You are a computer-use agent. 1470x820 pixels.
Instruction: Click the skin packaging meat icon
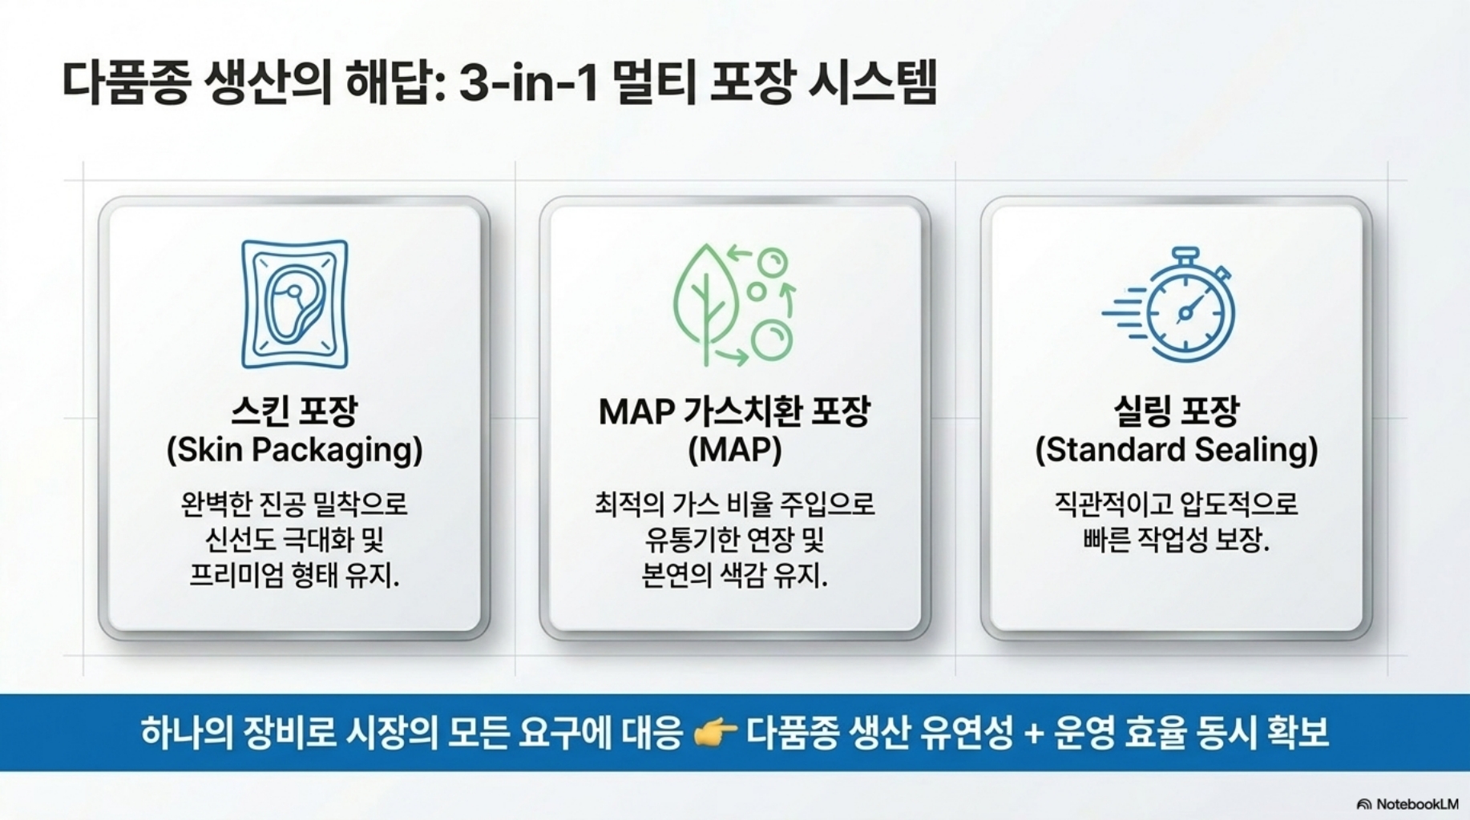pyautogui.click(x=295, y=304)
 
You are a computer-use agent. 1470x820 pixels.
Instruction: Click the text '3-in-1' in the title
pyautogui.click(x=528, y=83)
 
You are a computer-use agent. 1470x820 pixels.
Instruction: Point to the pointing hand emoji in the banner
pyautogui.click(x=715, y=732)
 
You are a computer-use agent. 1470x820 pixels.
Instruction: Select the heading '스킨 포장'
pyautogui.click(x=294, y=412)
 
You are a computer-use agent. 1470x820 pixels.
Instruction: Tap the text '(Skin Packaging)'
pyautogui.click(x=294, y=450)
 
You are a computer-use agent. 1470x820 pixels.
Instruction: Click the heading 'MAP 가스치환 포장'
pyautogui.click(x=734, y=412)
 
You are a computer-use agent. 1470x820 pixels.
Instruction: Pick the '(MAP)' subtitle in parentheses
pyautogui.click(x=734, y=450)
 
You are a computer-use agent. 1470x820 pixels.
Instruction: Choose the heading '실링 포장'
pyautogui.click(x=1176, y=412)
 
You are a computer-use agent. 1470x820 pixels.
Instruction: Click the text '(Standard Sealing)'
pyautogui.click(x=1176, y=450)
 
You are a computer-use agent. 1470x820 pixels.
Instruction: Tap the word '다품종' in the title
pyautogui.click(x=127, y=83)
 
